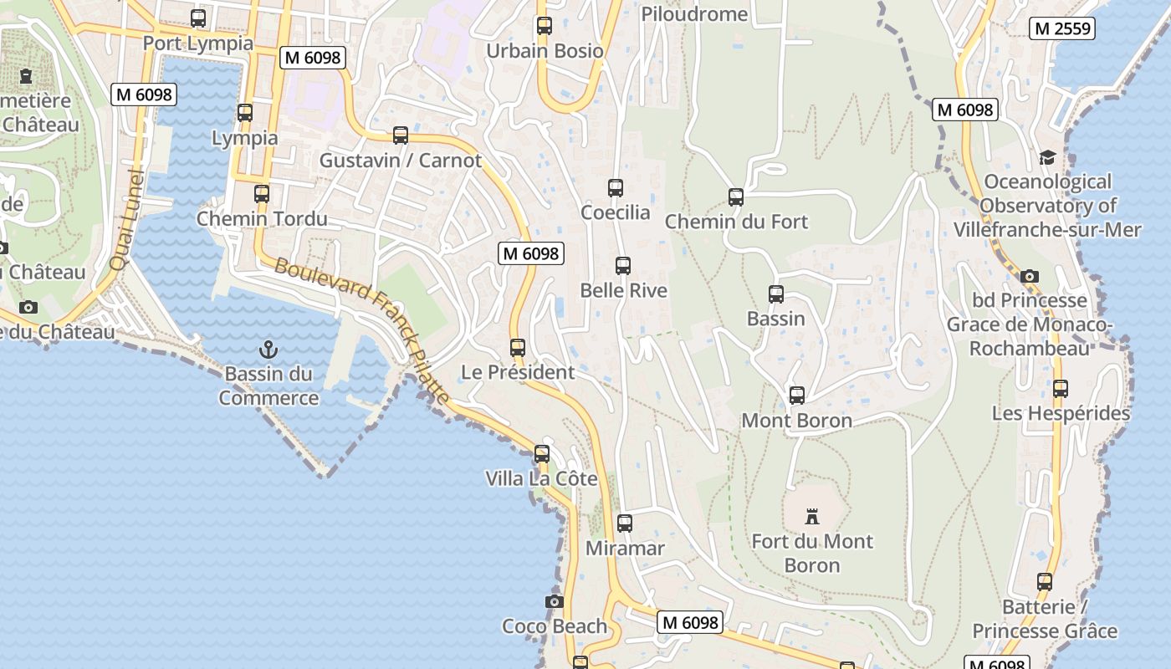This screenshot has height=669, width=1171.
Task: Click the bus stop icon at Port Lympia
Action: click(198, 18)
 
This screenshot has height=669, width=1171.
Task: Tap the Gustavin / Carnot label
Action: click(401, 161)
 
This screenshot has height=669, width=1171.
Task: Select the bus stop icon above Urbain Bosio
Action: click(545, 26)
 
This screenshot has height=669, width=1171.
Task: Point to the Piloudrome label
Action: click(694, 14)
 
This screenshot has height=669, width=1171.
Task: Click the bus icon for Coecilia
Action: click(616, 188)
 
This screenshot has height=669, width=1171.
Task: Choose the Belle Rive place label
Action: click(624, 290)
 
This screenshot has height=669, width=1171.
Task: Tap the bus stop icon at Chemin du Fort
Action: click(736, 197)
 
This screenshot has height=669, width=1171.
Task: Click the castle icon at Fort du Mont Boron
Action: click(811, 516)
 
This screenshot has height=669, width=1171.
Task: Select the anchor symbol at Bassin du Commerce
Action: click(268, 350)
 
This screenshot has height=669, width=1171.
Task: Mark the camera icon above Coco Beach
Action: click(554, 601)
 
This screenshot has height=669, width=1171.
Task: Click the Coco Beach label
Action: click(555, 626)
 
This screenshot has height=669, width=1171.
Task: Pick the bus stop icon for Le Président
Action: click(518, 348)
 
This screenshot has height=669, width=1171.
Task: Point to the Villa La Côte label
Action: click(542, 478)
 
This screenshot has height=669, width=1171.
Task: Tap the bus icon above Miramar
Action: click(625, 523)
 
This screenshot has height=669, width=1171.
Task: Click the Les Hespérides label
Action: click(1061, 413)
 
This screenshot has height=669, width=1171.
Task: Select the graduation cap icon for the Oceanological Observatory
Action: click(1047, 157)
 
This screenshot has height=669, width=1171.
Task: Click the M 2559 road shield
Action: click(1062, 28)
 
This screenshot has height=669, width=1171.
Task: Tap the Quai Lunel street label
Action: click(128, 221)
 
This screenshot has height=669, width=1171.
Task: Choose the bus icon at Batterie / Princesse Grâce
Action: click(1045, 582)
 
